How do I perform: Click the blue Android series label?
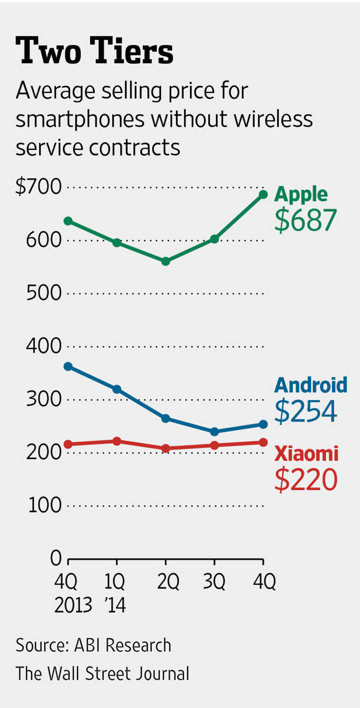310,385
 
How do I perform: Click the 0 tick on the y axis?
55,557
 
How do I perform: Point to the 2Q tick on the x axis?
165,580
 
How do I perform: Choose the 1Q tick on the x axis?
115,580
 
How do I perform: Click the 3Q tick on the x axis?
214,580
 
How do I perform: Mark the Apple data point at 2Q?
165,261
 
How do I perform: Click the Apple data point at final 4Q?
263,194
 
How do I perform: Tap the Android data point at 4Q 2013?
67,366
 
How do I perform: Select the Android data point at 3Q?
214,432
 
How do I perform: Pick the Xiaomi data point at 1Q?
116,441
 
